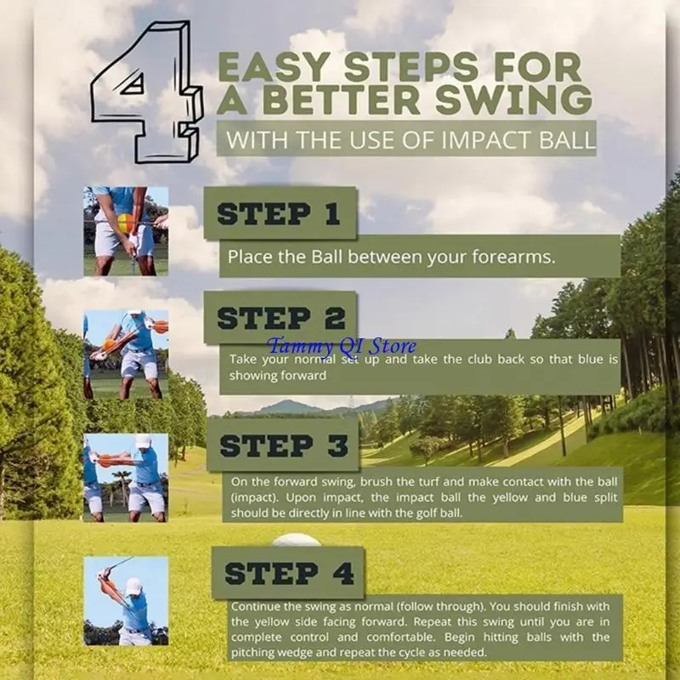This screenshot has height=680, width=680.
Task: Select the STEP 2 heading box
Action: click(x=280, y=318)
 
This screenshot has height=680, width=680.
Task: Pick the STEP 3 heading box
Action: click(x=284, y=445)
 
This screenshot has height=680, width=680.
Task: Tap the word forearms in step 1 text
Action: click(x=507, y=257)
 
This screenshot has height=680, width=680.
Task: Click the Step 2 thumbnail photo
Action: click(x=125, y=355)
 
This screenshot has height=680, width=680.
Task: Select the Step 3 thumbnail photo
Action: click(x=125, y=477)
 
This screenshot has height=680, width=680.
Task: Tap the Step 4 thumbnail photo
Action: click(x=125, y=600)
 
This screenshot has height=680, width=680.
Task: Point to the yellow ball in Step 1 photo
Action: click(x=126, y=224)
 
